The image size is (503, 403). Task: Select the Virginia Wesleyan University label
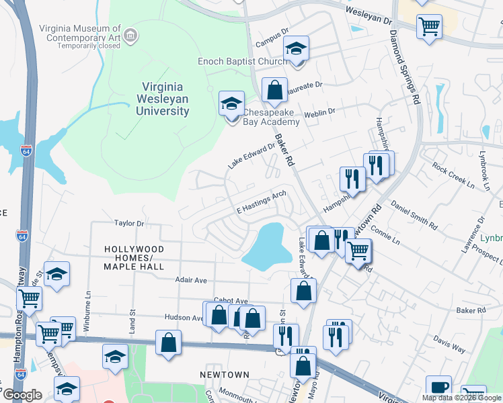(165, 99)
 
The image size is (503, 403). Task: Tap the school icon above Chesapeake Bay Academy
(231, 104)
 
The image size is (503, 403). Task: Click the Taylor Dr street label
(129, 223)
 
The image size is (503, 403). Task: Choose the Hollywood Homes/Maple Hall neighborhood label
(134, 258)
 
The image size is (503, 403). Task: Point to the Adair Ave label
(192, 279)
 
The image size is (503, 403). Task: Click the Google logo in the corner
(24, 396)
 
